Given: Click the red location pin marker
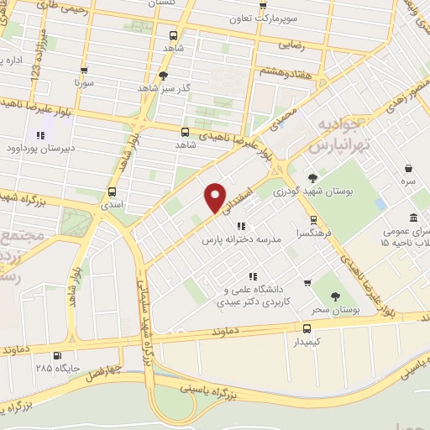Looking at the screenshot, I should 216,198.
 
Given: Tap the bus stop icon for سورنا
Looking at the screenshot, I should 84,71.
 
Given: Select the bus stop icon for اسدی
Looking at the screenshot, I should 113,191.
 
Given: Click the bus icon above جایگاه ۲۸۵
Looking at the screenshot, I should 56,355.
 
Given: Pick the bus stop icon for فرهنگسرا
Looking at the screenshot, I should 314,220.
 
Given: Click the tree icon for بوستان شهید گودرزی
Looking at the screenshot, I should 313,177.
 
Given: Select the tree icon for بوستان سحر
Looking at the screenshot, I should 335,296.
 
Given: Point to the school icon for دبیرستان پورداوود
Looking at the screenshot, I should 39,135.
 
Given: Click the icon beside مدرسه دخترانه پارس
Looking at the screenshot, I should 240,226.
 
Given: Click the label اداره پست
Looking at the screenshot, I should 11,60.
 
